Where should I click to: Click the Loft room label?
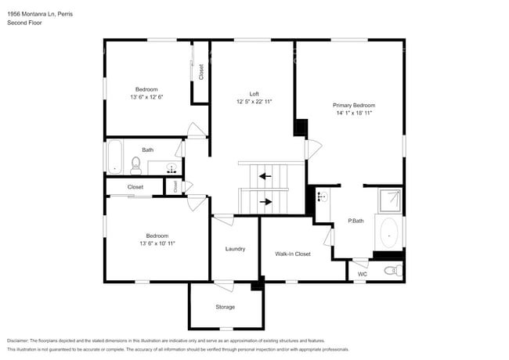(254, 94)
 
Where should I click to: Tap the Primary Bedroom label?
(353, 105)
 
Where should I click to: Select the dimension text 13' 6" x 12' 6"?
(146, 97)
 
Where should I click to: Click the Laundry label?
(235, 249)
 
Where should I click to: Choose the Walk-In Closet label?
(293, 254)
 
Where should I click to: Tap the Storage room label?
(225, 307)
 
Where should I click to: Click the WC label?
(362, 274)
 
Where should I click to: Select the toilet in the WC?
(392, 271)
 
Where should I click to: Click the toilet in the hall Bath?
(135, 164)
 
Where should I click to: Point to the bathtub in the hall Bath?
(114, 157)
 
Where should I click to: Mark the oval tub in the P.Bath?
(388, 232)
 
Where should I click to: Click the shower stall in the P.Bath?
(389, 201)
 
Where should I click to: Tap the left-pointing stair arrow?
(266, 176)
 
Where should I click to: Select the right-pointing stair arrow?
(266, 202)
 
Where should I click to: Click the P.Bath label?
(356, 221)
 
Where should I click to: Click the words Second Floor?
(24, 23)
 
